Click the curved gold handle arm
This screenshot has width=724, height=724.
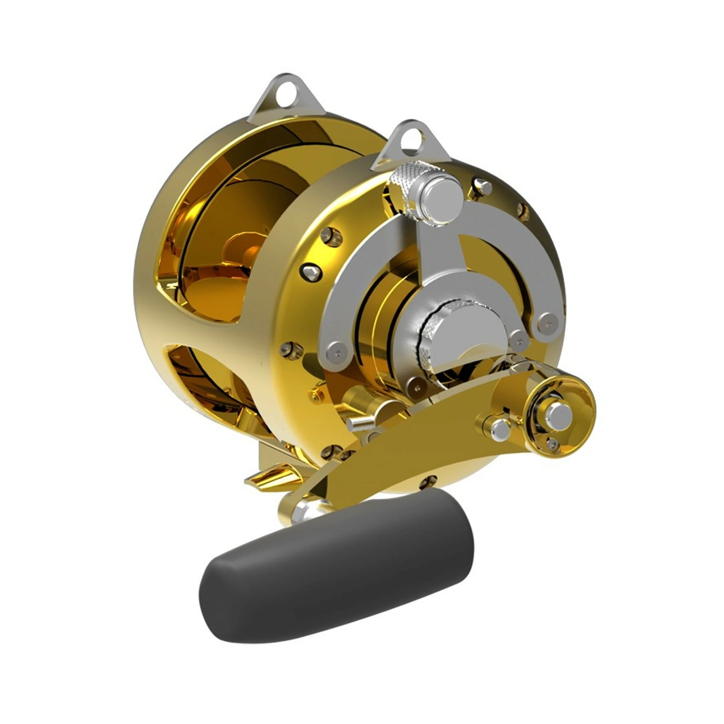click(412, 457)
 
